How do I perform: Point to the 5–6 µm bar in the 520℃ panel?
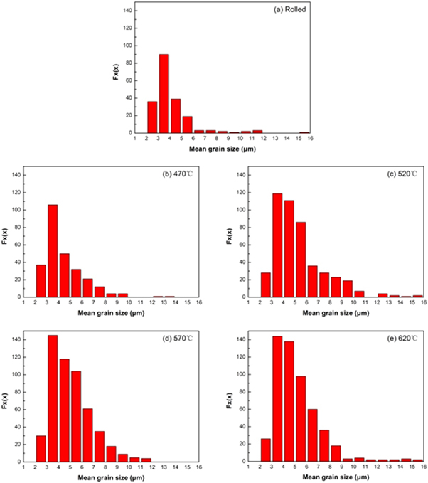pyautogui.click(x=300, y=260)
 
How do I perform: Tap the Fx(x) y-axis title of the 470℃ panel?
pyautogui.click(x=6, y=235)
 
